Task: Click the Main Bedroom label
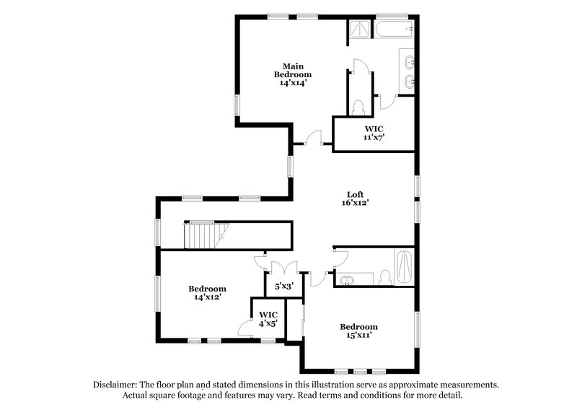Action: [292, 74]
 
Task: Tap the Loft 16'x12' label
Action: [355, 198]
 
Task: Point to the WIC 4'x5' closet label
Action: [268, 319]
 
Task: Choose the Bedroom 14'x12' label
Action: [207, 292]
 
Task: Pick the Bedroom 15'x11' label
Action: [358, 331]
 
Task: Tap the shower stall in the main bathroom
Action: [359, 30]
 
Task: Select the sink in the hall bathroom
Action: [348, 279]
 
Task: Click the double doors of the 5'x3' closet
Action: [282, 266]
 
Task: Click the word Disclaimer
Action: [119, 385]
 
